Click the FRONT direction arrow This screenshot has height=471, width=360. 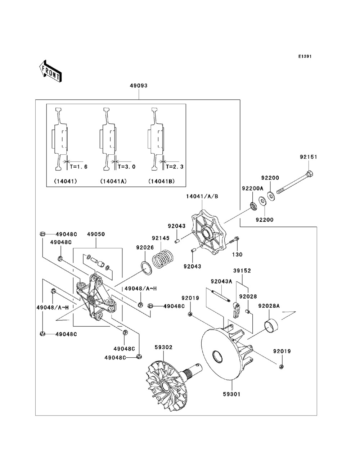pyautogui.click(x=50, y=71)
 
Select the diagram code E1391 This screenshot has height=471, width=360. pyautogui.click(x=304, y=56)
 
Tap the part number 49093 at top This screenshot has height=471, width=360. pyautogui.click(x=139, y=86)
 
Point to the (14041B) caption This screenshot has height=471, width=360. pyautogui.click(x=161, y=181)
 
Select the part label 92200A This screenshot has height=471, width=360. pyautogui.click(x=252, y=188)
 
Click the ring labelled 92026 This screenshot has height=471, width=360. pyautogui.click(x=146, y=268)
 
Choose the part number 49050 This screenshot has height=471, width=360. pyautogui.click(x=96, y=234)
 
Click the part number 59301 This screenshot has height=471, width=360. pyautogui.click(x=231, y=394)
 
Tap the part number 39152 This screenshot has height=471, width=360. pyautogui.click(x=242, y=271)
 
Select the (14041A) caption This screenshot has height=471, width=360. pyautogui.click(x=113, y=181)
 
